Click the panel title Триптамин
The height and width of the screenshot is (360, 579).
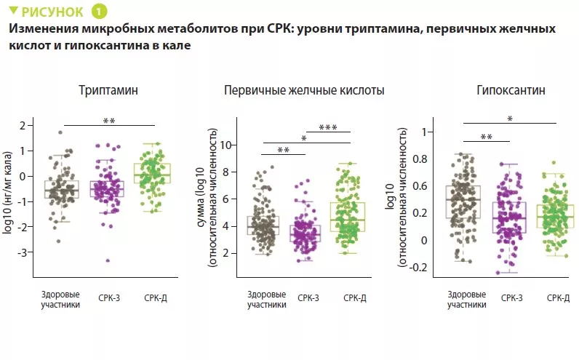point(108,91)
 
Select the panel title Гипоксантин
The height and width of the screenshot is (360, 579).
point(511,91)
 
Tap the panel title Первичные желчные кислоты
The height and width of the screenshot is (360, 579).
point(304,91)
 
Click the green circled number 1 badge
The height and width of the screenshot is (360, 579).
point(98,12)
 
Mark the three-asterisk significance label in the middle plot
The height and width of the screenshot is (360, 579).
point(328,128)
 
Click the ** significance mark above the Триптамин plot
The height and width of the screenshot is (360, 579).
point(109,121)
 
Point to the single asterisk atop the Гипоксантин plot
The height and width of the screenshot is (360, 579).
point(510,119)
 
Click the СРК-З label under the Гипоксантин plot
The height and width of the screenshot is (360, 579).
point(511,297)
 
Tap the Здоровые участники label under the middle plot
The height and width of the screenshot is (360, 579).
point(266,299)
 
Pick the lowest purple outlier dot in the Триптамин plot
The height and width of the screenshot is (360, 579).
point(108,260)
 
